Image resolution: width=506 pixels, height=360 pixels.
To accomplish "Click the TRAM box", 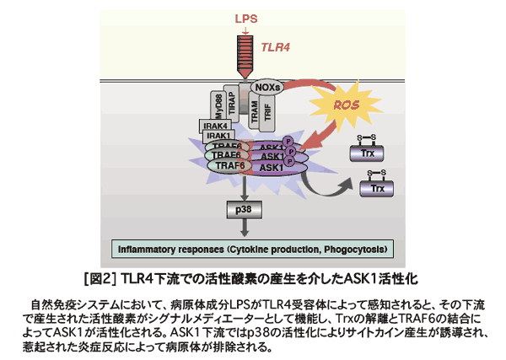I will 254,113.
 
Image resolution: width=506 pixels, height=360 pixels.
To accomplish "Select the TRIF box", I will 268,113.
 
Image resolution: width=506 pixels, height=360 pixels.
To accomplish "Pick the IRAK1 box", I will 218,136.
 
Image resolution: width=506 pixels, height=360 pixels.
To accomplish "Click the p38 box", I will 245,207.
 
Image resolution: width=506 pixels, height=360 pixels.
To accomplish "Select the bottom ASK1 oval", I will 272,168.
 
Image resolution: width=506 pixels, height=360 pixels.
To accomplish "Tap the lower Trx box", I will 377,187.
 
